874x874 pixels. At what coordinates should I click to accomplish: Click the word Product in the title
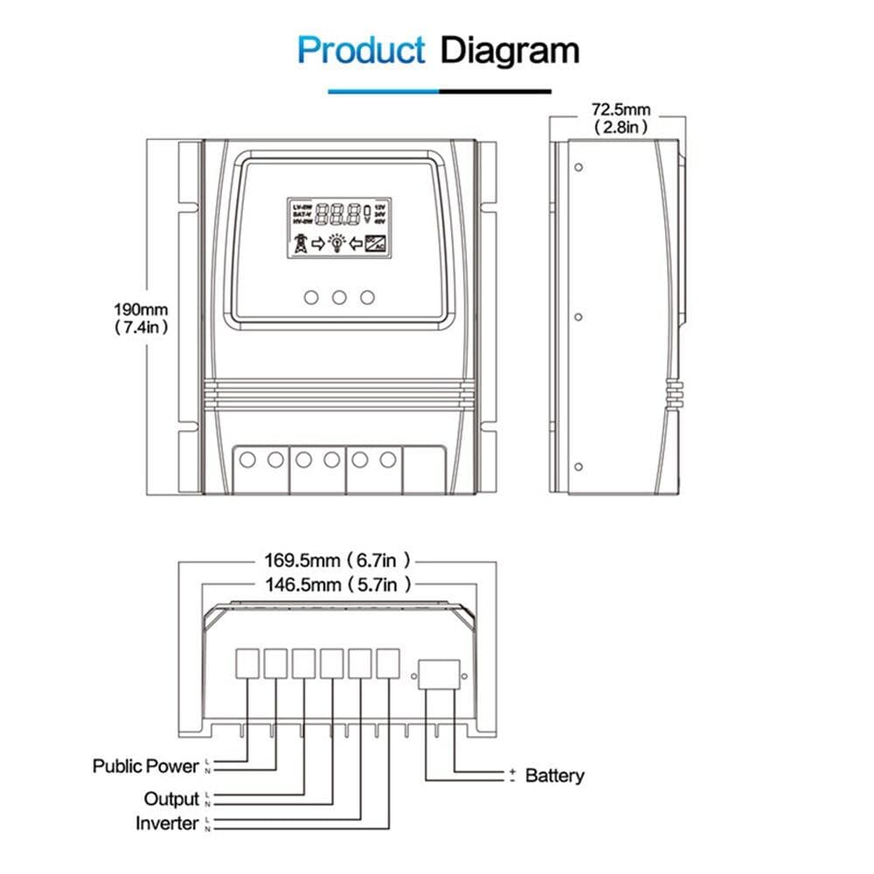pos(361,50)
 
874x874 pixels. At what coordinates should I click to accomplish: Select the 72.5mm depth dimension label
pos(621,110)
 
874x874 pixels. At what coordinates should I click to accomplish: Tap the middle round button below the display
pos(339,297)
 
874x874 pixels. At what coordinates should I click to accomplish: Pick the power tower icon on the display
pos(300,244)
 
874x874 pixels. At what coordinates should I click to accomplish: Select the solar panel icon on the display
pos(378,244)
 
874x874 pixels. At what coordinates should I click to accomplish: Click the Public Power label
pos(146,766)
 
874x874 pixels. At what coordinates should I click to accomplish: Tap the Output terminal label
pos(171,799)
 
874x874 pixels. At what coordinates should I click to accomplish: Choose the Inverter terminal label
pos(167,823)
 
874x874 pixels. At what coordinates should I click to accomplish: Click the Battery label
pos(554,775)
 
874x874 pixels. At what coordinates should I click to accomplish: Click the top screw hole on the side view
pos(579,167)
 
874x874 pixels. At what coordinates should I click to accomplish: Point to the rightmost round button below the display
pos(368,297)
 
